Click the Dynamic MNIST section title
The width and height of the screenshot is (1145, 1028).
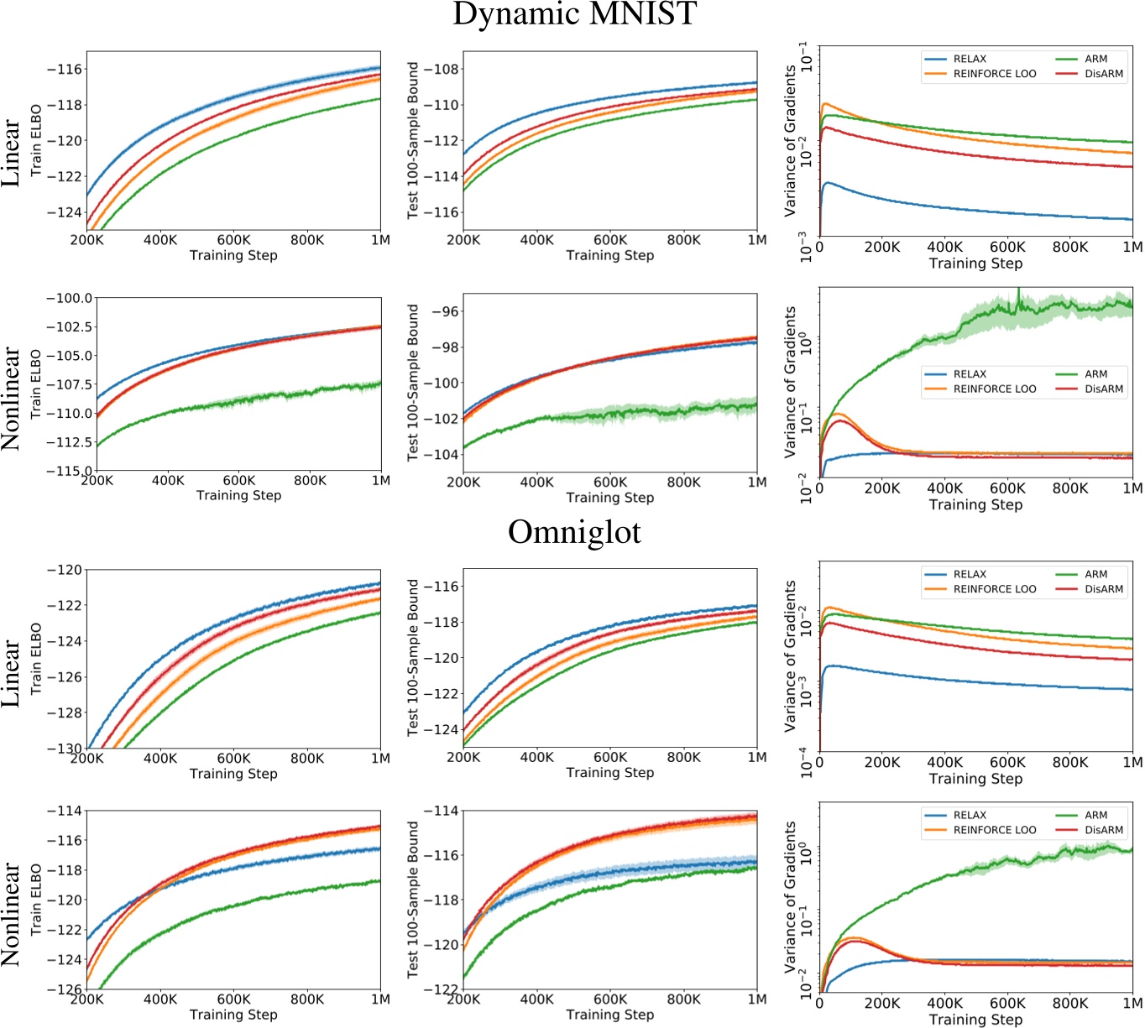coord(574,14)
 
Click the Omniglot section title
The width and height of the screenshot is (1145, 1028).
coord(574,532)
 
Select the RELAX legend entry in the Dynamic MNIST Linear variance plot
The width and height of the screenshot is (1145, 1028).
coord(970,59)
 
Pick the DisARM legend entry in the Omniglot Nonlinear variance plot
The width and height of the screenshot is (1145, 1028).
coord(1103,830)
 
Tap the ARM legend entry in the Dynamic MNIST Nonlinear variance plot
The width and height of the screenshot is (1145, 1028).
coord(1095,374)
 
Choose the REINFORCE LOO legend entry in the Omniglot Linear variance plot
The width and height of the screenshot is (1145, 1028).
coord(994,589)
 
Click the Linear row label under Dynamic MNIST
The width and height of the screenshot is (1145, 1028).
coord(11,153)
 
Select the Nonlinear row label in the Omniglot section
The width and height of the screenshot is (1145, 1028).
coord(11,914)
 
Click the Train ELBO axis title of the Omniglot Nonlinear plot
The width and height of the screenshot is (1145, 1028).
coord(36,900)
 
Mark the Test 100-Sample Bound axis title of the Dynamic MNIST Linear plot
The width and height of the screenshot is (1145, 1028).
coord(412,140)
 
